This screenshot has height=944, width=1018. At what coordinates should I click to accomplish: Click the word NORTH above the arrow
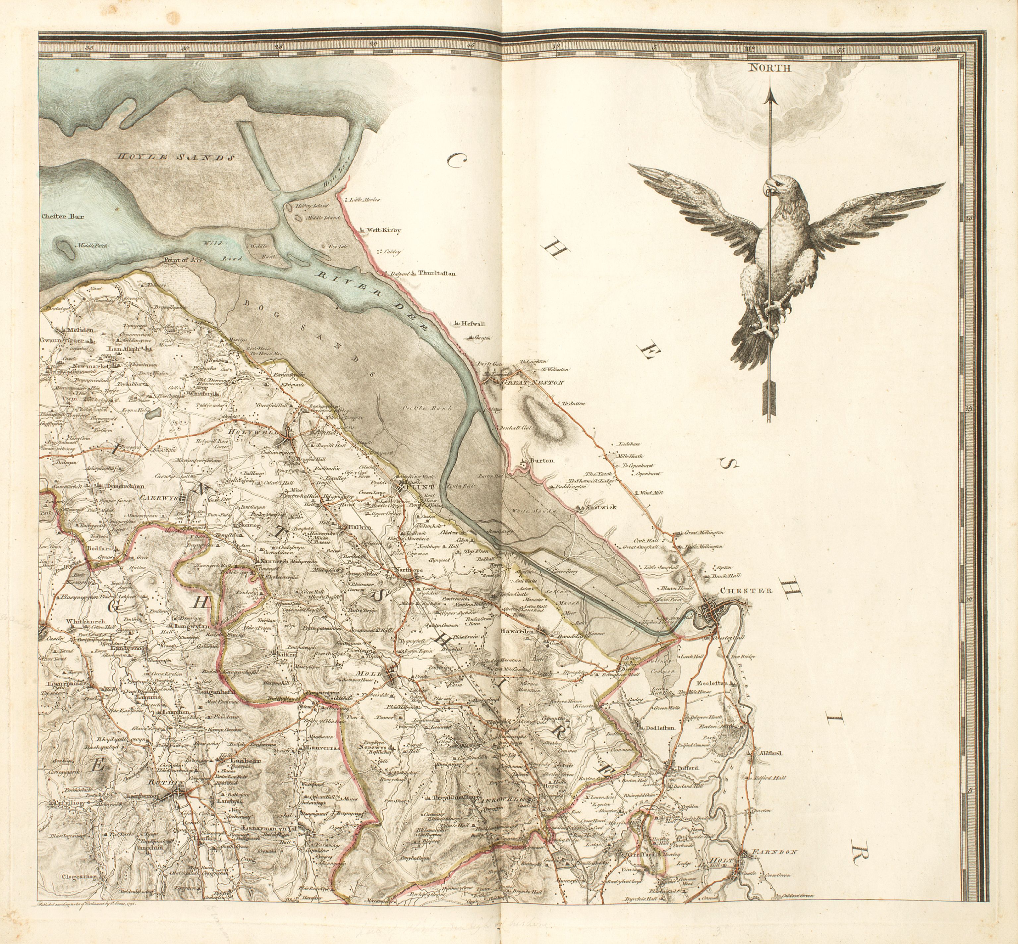point(770,68)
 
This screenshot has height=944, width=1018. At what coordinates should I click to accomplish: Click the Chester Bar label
point(63,216)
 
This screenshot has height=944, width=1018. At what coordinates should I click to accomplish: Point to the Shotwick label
point(601,507)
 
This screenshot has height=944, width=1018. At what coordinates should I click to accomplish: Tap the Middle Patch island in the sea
point(65,249)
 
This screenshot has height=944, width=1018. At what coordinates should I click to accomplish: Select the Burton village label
point(541,460)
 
